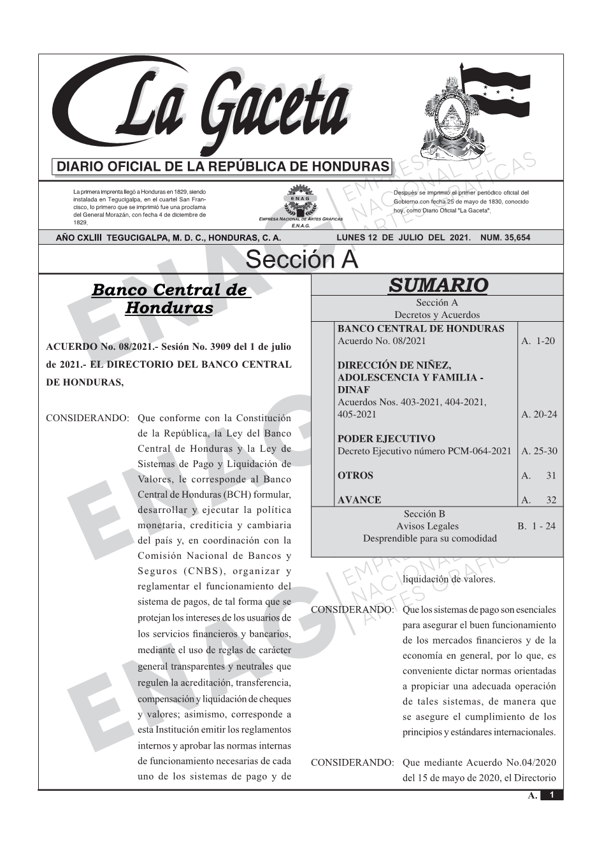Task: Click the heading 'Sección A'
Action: [301, 260]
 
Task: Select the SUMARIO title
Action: [438, 285]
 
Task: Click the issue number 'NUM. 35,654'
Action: [506, 238]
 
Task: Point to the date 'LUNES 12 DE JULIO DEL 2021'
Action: [403, 238]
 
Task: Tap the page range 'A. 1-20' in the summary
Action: [538, 341]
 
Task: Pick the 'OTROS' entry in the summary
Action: [355, 475]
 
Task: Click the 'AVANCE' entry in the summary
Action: [359, 500]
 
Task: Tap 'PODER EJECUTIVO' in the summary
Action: [386, 439]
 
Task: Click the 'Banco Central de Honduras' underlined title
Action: [169, 299]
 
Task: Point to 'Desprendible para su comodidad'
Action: [429, 538]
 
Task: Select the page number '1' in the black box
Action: [552, 795]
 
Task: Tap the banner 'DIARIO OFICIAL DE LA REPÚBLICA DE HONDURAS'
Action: [223, 167]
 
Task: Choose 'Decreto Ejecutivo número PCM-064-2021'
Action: [424, 451]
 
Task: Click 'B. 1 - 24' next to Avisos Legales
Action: [536, 526]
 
